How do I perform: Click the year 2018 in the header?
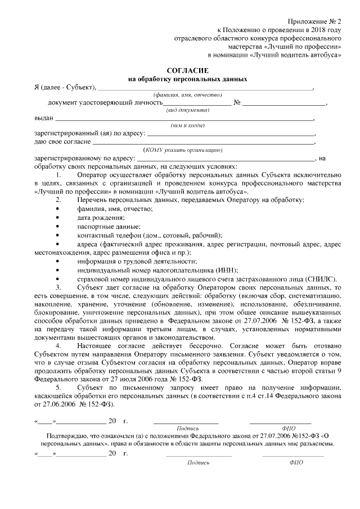point(318,29)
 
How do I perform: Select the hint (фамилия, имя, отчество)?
point(179,96)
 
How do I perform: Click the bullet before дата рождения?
point(58,218)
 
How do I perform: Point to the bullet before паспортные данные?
point(58,227)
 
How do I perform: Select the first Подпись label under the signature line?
point(187,428)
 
